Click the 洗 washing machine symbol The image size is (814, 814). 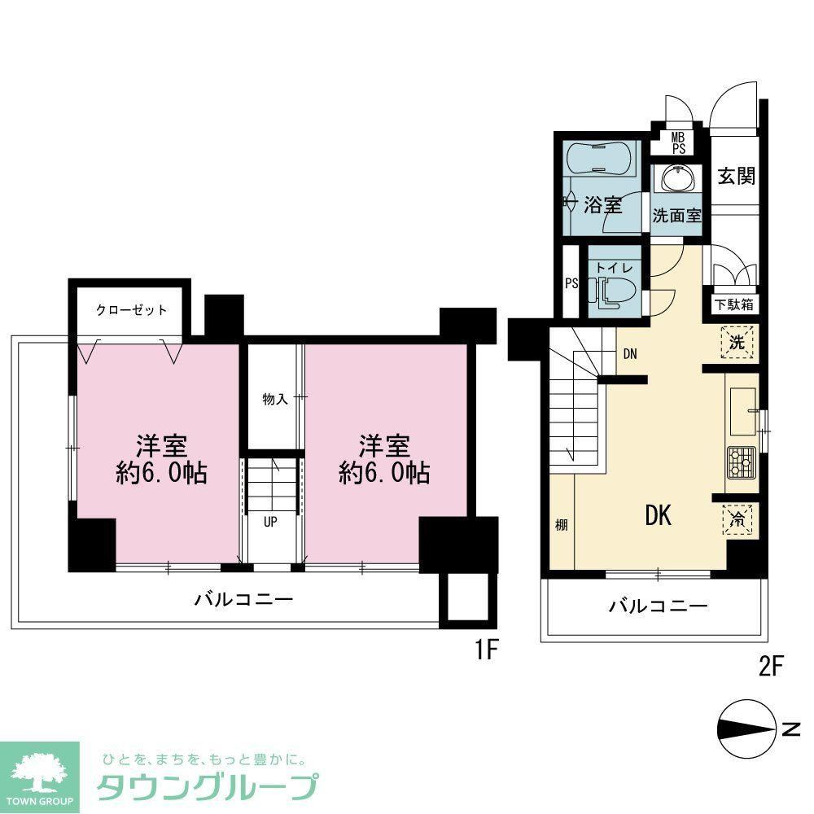tap(737, 342)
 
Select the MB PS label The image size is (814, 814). tap(679, 142)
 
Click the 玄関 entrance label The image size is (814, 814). tap(736, 177)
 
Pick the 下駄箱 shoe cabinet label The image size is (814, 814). tap(733, 304)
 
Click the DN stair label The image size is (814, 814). tap(630, 355)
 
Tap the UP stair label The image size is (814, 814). tap(270, 522)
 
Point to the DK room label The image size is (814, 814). tap(659, 515)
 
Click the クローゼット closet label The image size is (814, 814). tap(131, 310)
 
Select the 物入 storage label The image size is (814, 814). tap(275, 399)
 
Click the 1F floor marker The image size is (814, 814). tap(487, 650)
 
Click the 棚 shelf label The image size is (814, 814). tap(561, 525)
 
